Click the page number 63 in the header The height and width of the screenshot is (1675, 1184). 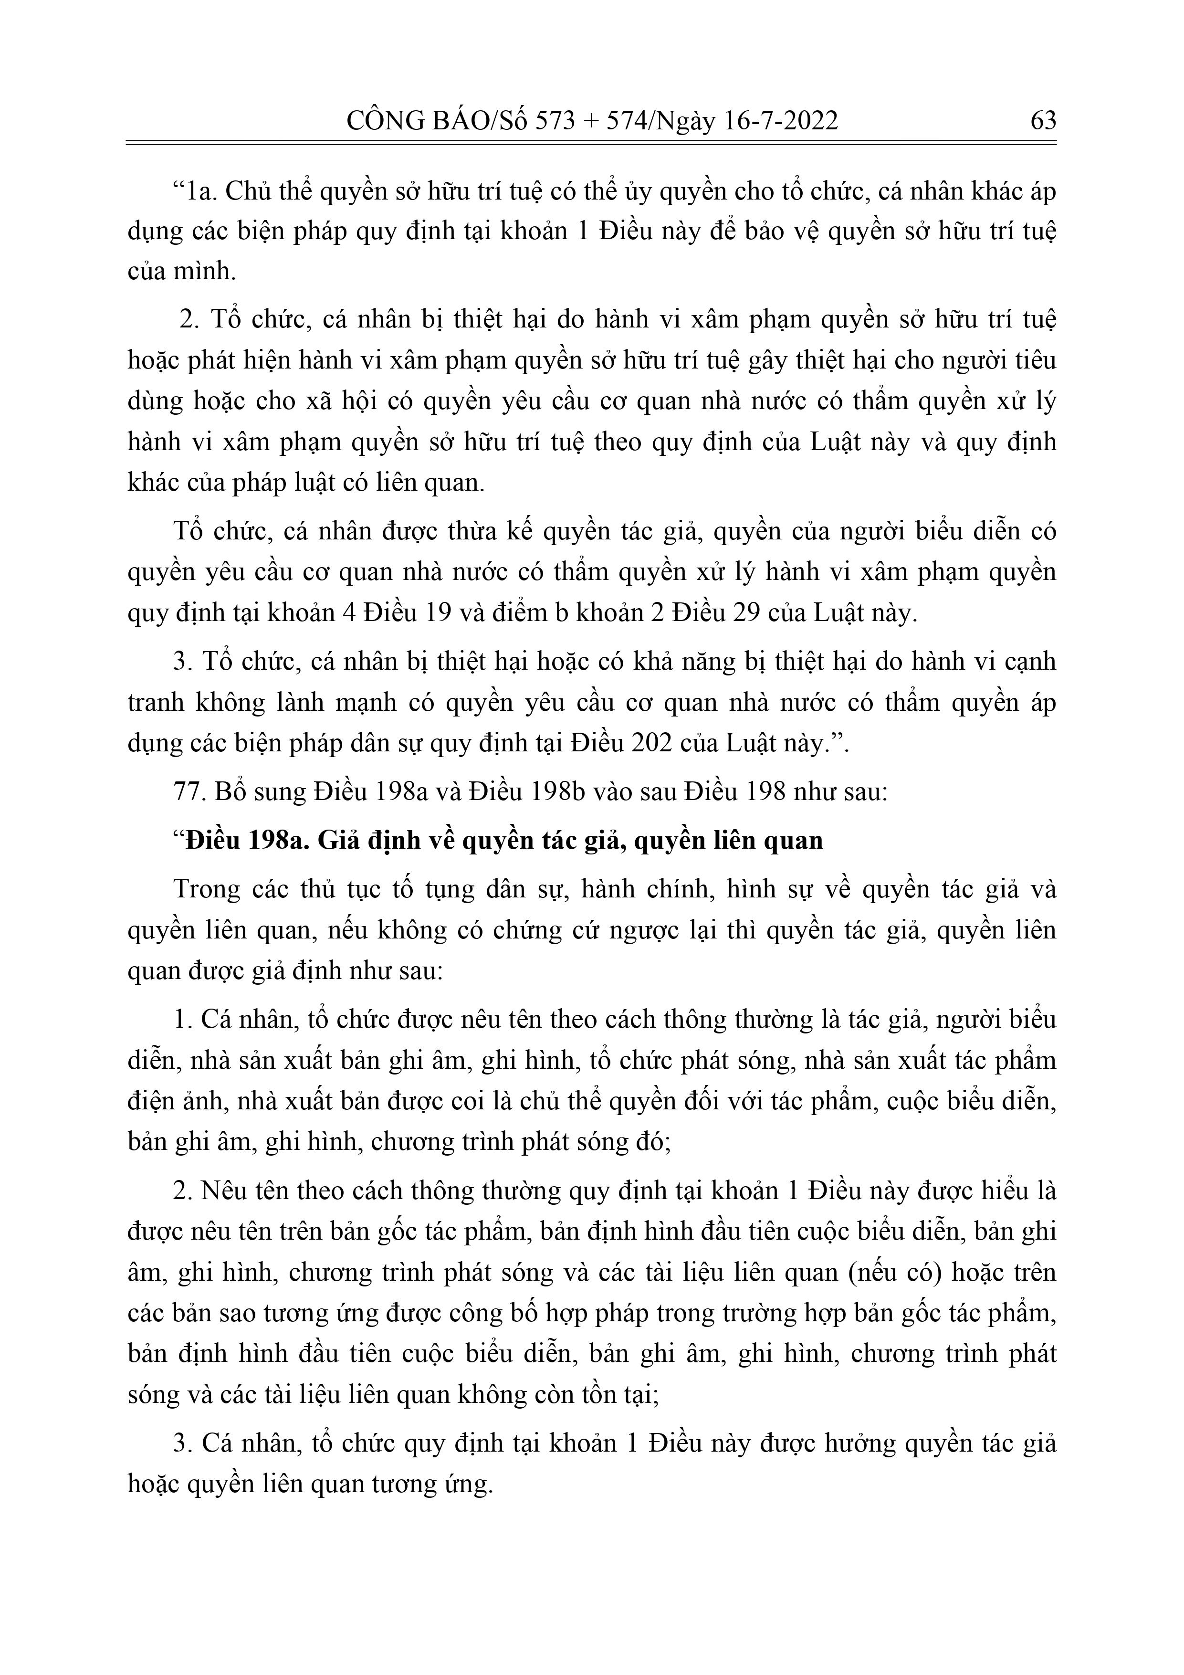(x=1042, y=120)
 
